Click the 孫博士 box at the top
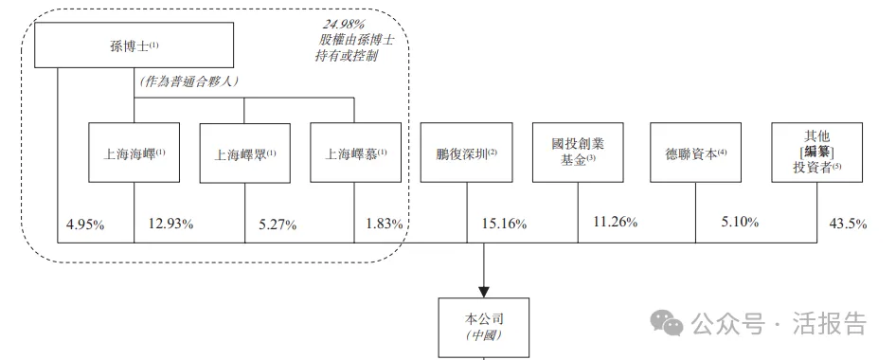(134, 45)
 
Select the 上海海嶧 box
(134, 153)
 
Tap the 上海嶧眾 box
(244, 153)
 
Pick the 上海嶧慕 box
(355, 153)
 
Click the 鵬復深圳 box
(466, 153)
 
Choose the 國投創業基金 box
(578, 153)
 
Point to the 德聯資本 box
(695, 153)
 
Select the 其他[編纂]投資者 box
(817, 153)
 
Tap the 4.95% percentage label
(85, 225)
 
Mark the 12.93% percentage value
(170, 224)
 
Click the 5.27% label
(278, 225)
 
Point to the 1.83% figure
(385, 224)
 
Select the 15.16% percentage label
(504, 224)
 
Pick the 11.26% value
(615, 223)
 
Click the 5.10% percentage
(740, 223)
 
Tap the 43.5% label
(848, 224)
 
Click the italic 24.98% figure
(342, 25)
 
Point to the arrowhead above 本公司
(484, 289)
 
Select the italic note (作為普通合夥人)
(188, 81)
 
